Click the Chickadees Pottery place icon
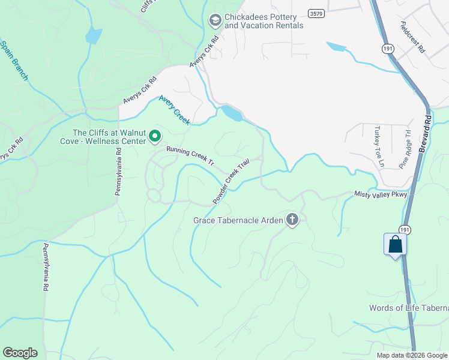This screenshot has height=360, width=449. pyautogui.click(x=214, y=21)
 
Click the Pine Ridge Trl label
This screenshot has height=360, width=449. pyautogui.click(x=405, y=149)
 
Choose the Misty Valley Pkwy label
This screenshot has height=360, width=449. pyautogui.click(x=381, y=194)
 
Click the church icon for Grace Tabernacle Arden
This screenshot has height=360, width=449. pyautogui.click(x=292, y=220)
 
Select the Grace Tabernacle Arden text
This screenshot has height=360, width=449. pyautogui.click(x=238, y=220)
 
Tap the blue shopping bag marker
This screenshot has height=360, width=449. pyautogui.click(x=396, y=245)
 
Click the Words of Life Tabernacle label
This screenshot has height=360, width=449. pyautogui.click(x=409, y=308)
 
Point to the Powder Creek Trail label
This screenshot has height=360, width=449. pyautogui.click(x=231, y=181)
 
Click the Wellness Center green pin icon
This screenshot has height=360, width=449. pyautogui.click(x=154, y=137)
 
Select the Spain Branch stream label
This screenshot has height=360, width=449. pyautogui.click(x=14, y=61)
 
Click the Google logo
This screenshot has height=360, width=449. pyautogui.click(x=20, y=353)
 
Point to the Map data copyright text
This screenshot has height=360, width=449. pyautogui.click(x=411, y=355)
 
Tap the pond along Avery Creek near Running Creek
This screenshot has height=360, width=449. pyautogui.click(x=232, y=113)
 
